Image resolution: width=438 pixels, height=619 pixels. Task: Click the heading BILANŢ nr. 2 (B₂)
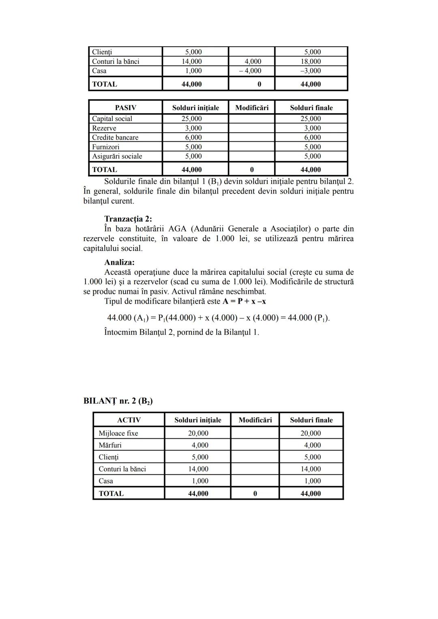click(x=118, y=401)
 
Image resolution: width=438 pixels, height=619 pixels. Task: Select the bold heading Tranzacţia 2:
click(x=128, y=219)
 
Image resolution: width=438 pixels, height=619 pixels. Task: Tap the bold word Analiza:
click(x=119, y=262)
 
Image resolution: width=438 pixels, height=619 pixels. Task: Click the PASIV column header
click(x=126, y=108)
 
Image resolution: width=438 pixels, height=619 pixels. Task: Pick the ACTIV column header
click(x=129, y=420)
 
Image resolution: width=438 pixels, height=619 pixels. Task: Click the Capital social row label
click(x=112, y=119)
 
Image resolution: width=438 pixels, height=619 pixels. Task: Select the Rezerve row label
click(x=104, y=128)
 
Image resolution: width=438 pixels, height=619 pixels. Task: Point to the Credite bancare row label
click(x=115, y=137)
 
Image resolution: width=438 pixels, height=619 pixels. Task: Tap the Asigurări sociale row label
click(x=117, y=156)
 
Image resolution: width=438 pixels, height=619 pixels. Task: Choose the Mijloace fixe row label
click(x=118, y=433)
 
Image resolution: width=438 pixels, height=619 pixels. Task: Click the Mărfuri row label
click(x=110, y=445)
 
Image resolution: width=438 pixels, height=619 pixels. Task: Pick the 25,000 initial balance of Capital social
click(x=191, y=119)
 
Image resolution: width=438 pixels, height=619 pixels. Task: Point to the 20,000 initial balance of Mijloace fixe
click(x=198, y=433)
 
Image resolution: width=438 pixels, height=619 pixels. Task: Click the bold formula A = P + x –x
click(x=244, y=301)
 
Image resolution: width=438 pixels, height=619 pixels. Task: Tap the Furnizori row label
click(x=106, y=147)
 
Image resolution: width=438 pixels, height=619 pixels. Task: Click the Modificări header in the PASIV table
click(x=252, y=108)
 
